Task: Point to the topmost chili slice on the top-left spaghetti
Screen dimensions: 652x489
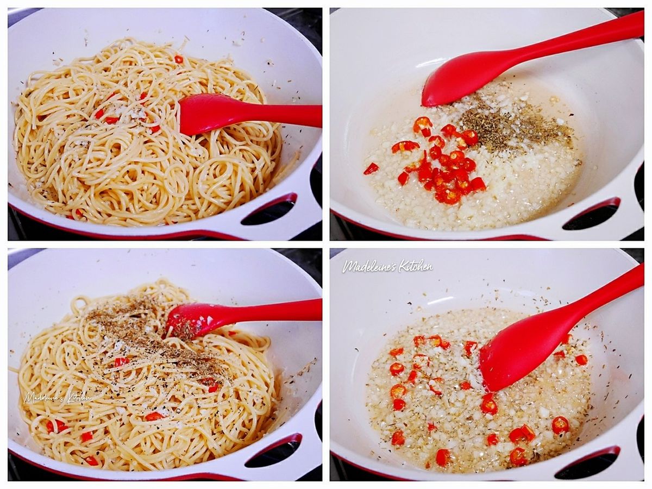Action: [178, 59]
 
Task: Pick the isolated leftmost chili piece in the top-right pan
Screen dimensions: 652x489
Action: [371, 168]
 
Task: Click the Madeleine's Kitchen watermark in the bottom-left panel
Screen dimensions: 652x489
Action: [58, 397]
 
